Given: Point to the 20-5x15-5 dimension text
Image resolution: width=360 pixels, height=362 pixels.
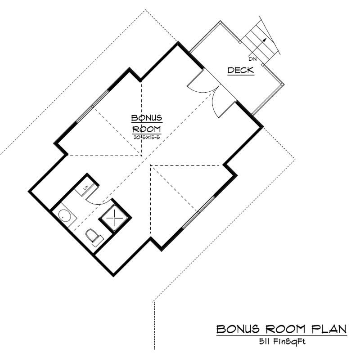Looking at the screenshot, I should [146, 137].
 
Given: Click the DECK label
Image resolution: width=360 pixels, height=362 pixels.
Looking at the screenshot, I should [240, 70].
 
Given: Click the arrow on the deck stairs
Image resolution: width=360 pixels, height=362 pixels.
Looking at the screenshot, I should [265, 40].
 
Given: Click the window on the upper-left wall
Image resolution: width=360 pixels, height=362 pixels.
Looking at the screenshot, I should [93, 106].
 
